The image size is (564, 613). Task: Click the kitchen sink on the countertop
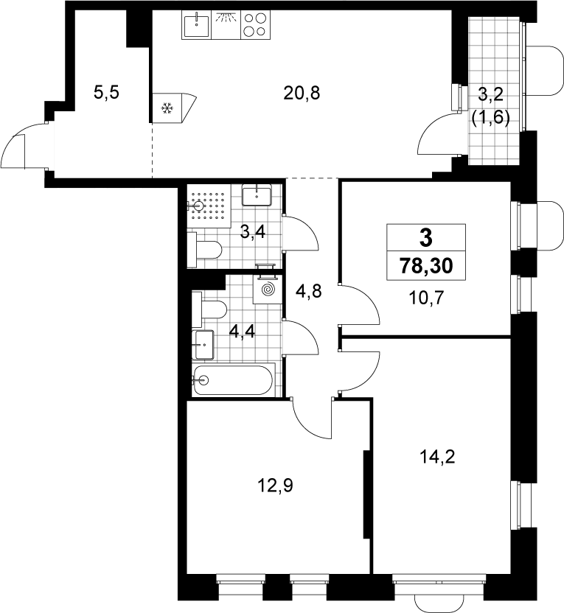(196, 24)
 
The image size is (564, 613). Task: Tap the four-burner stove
(255, 24)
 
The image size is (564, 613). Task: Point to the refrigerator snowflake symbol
(167, 108)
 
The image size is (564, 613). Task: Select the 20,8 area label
(302, 94)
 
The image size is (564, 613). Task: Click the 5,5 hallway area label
(106, 93)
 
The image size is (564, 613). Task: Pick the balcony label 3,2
(490, 95)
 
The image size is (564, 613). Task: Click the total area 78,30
(426, 266)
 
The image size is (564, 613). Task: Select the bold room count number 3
(426, 238)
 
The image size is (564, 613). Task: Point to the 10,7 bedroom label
(427, 298)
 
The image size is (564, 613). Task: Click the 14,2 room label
(437, 456)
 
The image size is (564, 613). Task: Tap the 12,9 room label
(275, 486)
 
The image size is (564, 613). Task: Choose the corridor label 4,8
(309, 291)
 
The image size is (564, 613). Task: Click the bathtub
(233, 379)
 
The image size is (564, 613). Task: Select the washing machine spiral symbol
(267, 290)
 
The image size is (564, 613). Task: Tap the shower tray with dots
(209, 206)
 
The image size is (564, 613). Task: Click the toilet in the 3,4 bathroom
(204, 250)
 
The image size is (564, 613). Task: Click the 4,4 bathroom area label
(242, 332)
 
